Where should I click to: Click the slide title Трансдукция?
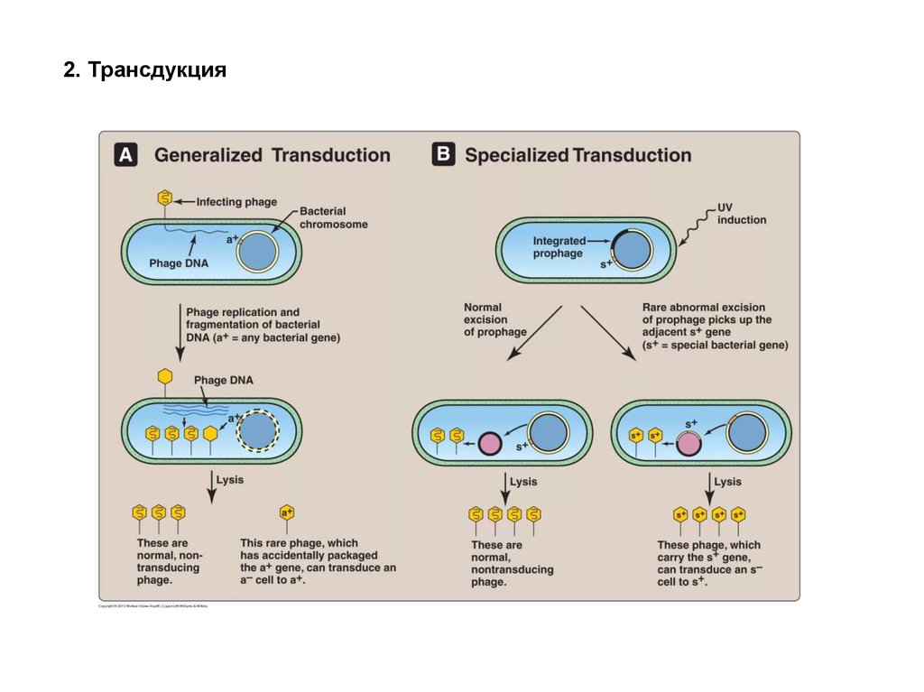[x=143, y=70]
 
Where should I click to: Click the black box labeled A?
[x=125, y=155]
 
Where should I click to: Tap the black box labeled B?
[x=442, y=154]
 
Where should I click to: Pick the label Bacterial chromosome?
[x=333, y=217]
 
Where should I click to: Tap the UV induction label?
[x=741, y=214]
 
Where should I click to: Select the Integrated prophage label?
[x=558, y=247]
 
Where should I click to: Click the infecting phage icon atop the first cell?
[x=164, y=199]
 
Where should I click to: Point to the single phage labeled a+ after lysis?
[x=287, y=512]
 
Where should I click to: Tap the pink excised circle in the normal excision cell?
[x=489, y=443]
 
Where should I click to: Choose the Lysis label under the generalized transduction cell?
[x=231, y=481]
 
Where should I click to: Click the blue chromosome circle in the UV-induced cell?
[x=632, y=250]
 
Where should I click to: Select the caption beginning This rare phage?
[x=317, y=562]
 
